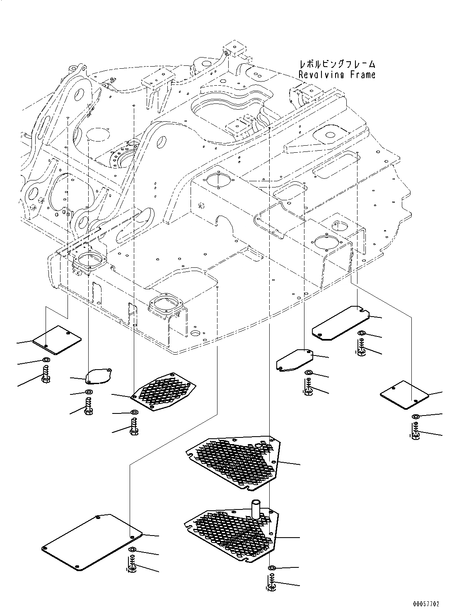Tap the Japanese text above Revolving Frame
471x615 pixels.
click(x=337, y=65)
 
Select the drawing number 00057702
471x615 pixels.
click(x=426, y=604)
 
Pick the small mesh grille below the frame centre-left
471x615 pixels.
click(x=163, y=391)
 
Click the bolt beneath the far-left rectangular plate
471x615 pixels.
click(x=46, y=375)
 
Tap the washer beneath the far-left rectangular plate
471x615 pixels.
click(x=45, y=359)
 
